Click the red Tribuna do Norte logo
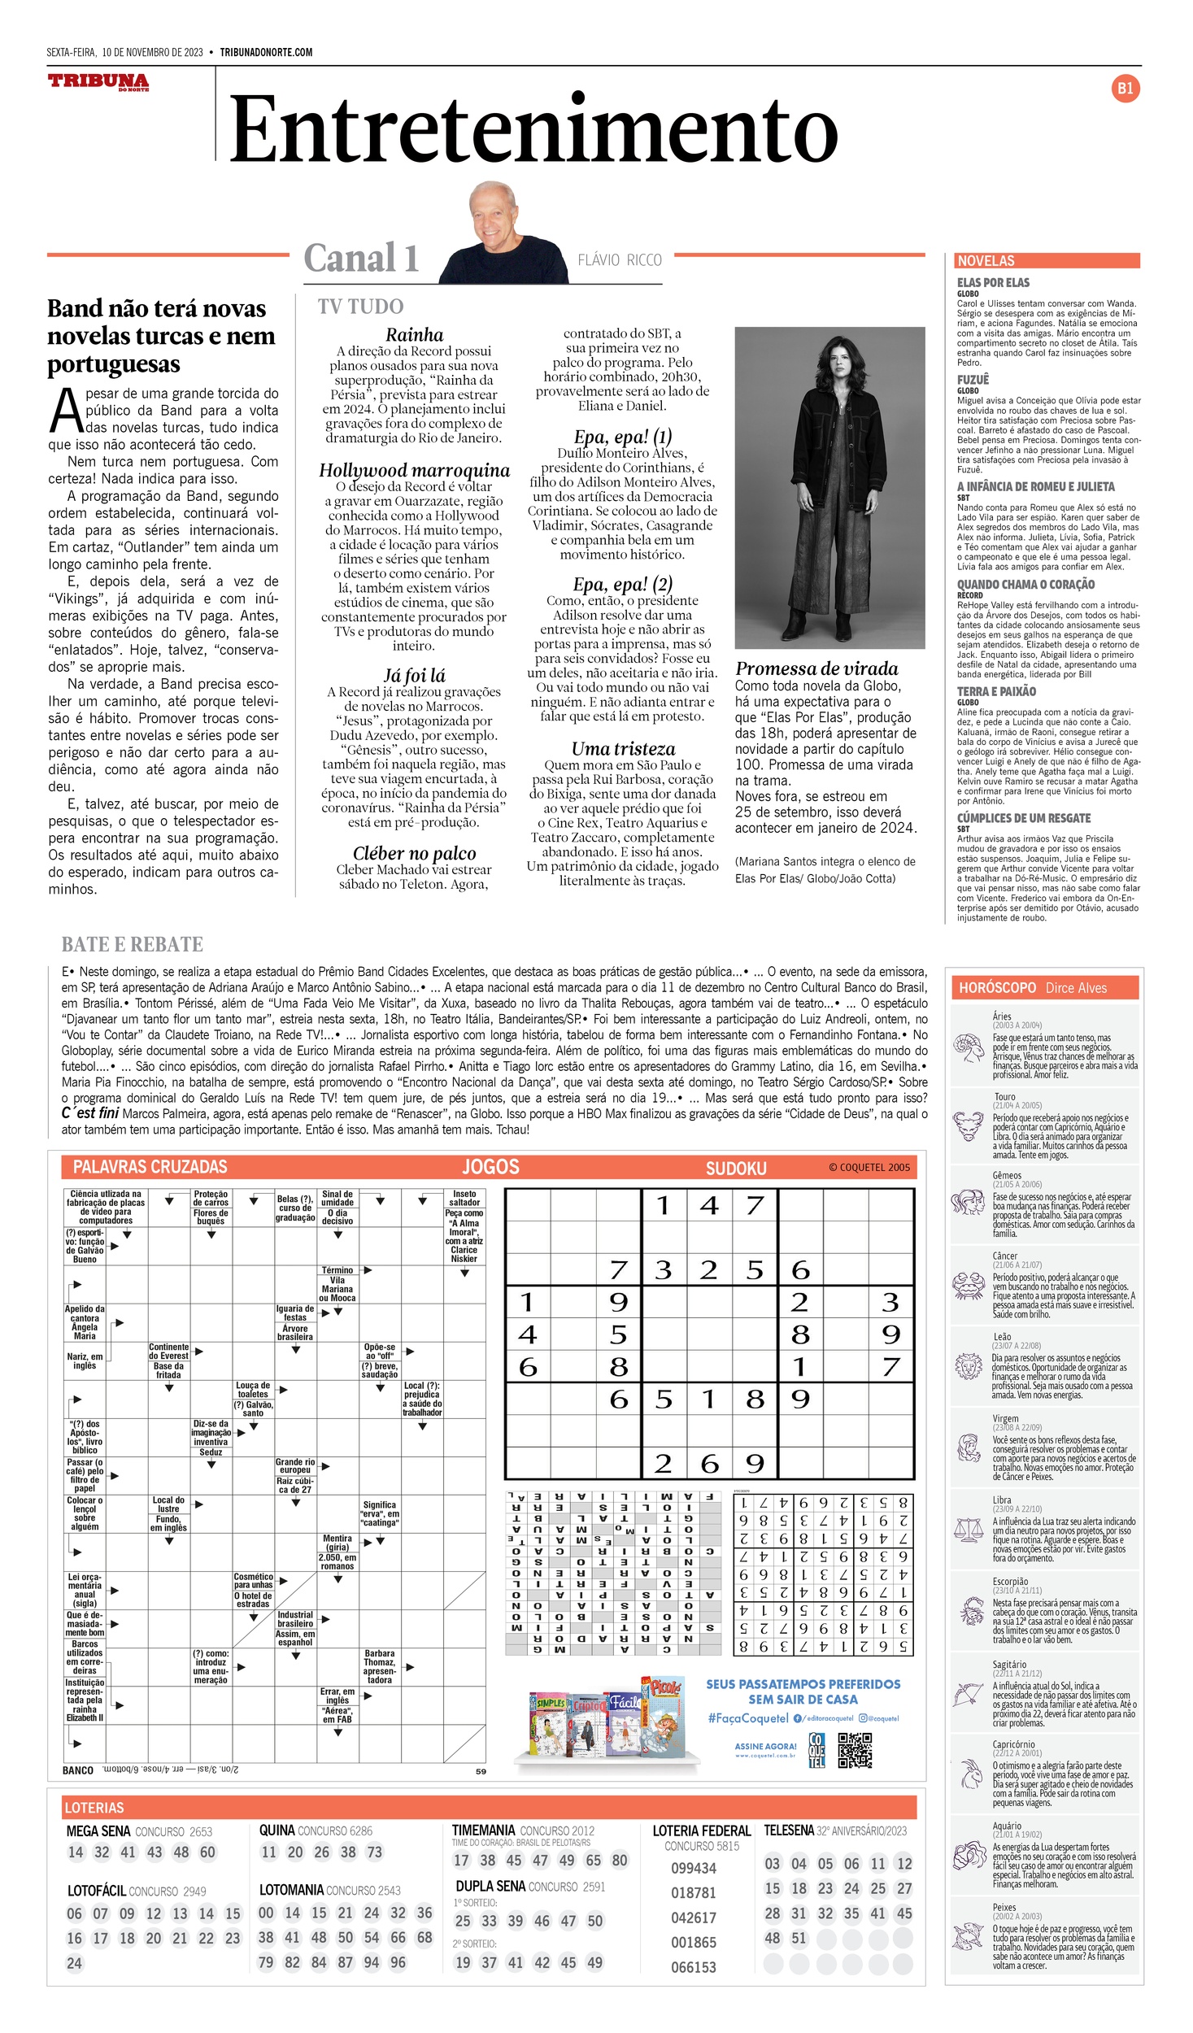point(98,81)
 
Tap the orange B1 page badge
point(1125,89)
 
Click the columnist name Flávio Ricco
point(620,260)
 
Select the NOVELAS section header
point(986,261)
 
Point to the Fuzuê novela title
point(973,380)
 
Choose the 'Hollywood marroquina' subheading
point(414,470)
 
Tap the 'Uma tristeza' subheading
point(623,749)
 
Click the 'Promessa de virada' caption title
point(816,668)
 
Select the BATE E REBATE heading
point(133,944)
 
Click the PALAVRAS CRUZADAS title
point(150,1167)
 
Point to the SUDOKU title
point(736,1169)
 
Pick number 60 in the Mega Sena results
point(207,1852)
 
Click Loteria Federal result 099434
point(693,1868)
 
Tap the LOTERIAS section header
point(94,1808)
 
